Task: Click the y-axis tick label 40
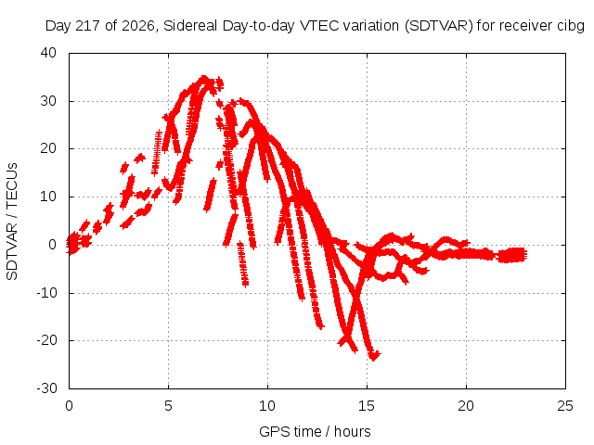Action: [48, 53]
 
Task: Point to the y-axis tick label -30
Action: [47, 388]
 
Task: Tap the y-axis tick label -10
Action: [47, 293]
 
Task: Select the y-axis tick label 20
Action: [48, 148]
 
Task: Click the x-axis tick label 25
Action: [565, 406]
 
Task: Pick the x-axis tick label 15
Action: [367, 406]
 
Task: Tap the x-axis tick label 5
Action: [168, 406]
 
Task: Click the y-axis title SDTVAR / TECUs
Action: [12, 222]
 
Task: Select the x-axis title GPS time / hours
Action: [315, 431]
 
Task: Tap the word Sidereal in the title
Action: [190, 26]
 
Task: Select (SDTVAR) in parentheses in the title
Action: [439, 26]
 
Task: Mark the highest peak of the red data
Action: [204, 78]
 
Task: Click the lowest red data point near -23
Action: [374, 356]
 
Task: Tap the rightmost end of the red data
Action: [524, 255]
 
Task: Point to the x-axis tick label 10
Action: [267, 406]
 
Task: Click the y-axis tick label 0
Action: [53, 245]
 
